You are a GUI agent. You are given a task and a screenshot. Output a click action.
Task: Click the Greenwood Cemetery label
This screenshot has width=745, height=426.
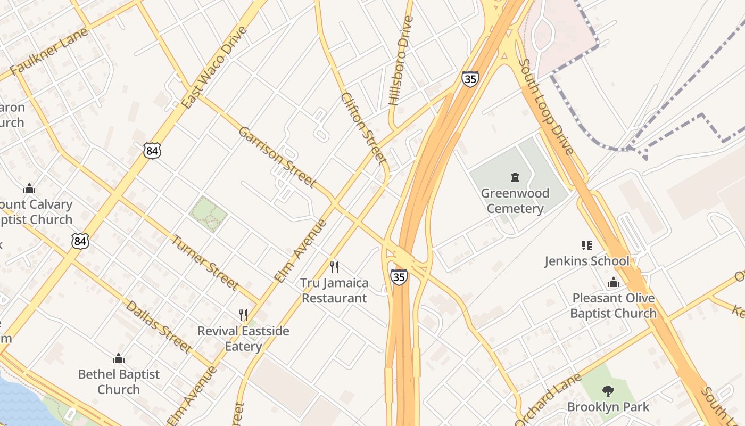[x=515, y=201]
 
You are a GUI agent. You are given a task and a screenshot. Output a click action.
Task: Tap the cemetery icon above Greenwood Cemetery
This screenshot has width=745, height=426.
[x=515, y=177]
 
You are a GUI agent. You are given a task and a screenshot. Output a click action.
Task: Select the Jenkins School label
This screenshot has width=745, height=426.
[x=586, y=261]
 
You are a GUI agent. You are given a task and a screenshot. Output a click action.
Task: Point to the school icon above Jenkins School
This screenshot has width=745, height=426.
[x=586, y=245]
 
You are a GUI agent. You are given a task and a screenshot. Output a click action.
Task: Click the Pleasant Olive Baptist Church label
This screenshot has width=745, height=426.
[x=613, y=306]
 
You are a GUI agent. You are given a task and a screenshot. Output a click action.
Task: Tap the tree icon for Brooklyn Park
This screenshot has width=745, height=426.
[x=608, y=391]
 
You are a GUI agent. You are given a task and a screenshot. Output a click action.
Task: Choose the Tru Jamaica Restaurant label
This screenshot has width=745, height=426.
[x=334, y=290]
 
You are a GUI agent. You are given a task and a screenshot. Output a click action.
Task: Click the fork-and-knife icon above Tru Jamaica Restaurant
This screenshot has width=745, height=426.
[x=334, y=267]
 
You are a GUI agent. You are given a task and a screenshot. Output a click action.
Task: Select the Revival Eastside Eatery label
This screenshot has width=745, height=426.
[x=243, y=339]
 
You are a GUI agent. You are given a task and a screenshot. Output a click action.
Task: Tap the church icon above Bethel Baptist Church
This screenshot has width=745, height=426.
[x=118, y=358]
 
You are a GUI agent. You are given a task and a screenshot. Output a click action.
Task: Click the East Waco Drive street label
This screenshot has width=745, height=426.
[x=214, y=68]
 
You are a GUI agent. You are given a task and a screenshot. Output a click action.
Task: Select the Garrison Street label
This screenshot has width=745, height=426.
[x=277, y=157]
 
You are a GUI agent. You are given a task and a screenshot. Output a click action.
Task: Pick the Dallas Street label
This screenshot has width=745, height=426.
[x=158, y=327]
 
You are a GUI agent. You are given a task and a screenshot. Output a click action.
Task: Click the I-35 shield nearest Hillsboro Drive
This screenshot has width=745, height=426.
[x=470, y=79]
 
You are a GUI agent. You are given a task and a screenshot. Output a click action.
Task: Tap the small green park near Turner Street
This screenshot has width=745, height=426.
[x=208, y=214]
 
